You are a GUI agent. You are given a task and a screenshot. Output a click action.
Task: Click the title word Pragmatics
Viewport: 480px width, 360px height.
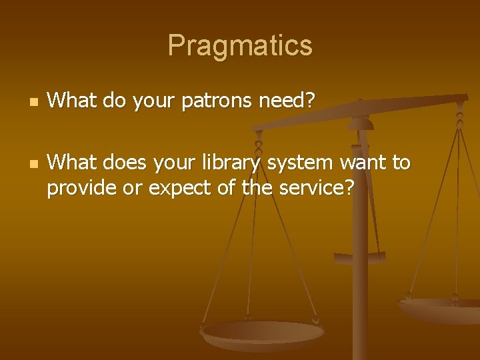coord(240,45)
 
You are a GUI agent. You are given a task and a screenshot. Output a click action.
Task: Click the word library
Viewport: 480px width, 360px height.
coord(235,163)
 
